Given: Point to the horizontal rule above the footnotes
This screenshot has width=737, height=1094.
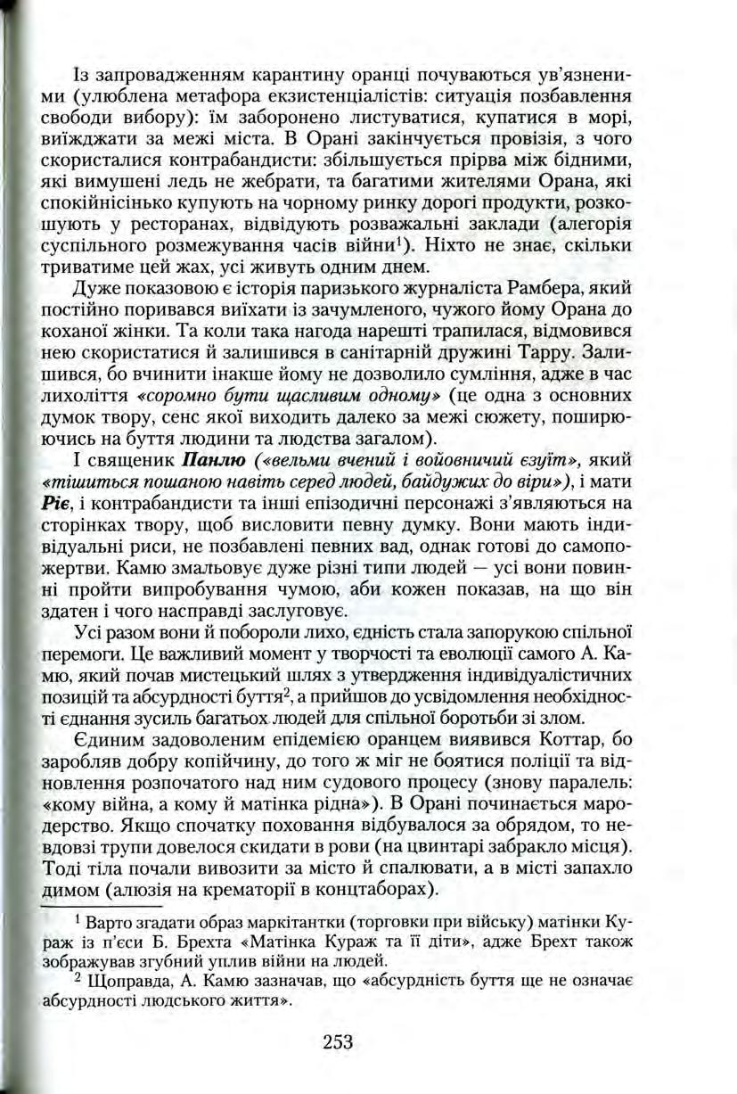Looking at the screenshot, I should click(89, 905).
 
